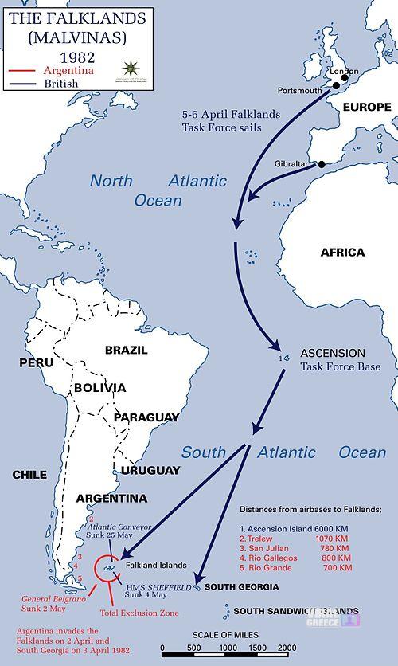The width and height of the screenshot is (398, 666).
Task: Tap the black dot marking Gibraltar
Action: pyautogui.click(x=322, y=165)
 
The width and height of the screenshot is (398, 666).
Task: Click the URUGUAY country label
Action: pyautogui.click(x=150, y=470)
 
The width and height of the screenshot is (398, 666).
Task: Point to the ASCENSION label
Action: pyautogui.click(x=332, y=353)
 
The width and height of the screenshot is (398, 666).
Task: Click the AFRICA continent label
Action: pyautogui.click(x=342, y=253)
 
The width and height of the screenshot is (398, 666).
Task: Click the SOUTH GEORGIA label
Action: pyautogui.click(x=241, y=587)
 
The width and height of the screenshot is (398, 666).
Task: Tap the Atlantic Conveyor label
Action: pyautogui.click(x=119, y=527)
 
